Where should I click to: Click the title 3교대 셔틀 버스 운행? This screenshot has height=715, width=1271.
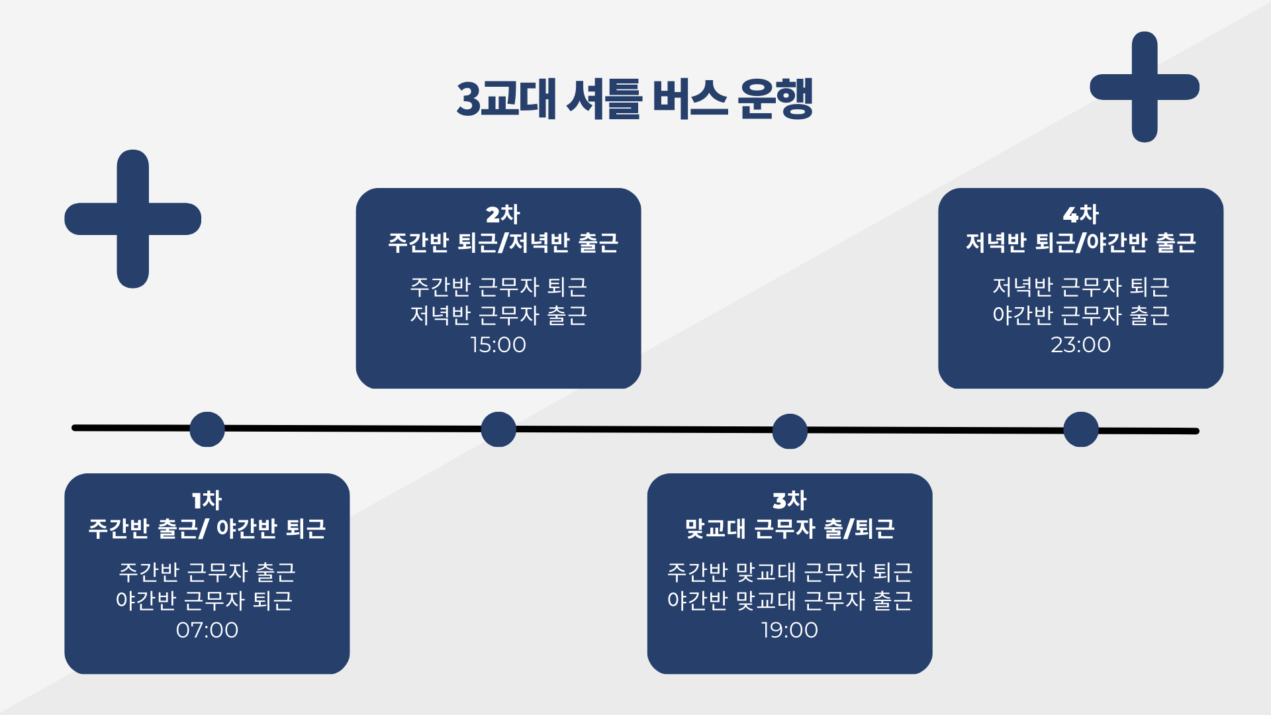[x=634, y=99]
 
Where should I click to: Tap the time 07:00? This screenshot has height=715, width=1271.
[x=207, y=630]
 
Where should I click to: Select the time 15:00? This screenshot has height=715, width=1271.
[x=498, y=344]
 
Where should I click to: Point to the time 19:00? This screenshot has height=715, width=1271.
[x=789, y=630]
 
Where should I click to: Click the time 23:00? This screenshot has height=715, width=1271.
[x=1080, y=344]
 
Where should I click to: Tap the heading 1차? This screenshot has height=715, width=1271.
[x=207, y=500]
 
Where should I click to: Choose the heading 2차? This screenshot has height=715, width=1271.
[x=502, y=214]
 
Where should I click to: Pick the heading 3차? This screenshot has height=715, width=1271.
[x=789, y=500]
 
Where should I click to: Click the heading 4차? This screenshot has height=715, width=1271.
[x=1080, y=214]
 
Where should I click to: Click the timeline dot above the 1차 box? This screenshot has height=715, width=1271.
[x=207, y=429]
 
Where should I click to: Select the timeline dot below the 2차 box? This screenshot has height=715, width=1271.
[x=498, y=429]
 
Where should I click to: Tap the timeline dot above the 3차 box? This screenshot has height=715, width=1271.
[x=790, y=431]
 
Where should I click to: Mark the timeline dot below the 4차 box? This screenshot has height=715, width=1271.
[x=1081, y=429]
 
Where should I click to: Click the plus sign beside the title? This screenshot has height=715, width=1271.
[x=1145, y=87]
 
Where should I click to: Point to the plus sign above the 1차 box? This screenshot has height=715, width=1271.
[x=133, y=219]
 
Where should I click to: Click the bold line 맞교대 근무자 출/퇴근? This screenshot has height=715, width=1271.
[x=789, y=528]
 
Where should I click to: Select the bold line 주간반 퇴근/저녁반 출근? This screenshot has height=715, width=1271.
[x=502, y=242]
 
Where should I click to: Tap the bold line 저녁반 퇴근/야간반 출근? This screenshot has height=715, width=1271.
[x=1080, y=242]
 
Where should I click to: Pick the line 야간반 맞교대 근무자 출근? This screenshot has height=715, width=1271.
[x=789, y=600]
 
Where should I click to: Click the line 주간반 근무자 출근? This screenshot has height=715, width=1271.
[x=207, y=571]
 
